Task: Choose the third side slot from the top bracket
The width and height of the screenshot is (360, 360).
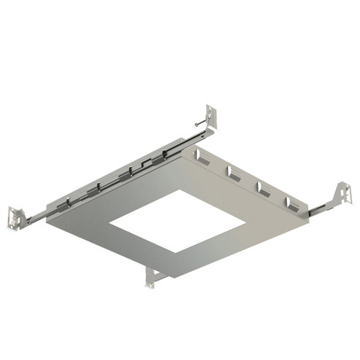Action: point(263,188)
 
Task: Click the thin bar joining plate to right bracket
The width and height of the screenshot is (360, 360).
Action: point(321,209)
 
